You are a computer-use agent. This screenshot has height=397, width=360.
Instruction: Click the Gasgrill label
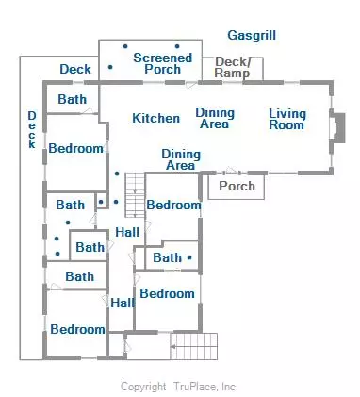coord(252,36)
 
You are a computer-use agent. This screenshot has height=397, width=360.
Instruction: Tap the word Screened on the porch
coord(162,58)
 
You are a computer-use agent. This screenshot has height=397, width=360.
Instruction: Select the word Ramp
coord(232,74)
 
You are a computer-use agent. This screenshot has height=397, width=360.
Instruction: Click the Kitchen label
coord(156,118)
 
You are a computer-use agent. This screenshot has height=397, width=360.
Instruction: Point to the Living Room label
coord(287,120)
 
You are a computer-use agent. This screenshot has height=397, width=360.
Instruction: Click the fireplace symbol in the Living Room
coord(337,128)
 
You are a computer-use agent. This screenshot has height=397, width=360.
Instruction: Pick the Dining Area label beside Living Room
coord(215,118)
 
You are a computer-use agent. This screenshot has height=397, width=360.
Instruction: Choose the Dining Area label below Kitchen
coord(181,159)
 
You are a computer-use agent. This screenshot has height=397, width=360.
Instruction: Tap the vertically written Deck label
coord(32,129)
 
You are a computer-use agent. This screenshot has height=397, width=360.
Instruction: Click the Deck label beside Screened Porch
coord(75,69)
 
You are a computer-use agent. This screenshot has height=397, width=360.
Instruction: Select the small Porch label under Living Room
coord(237,186)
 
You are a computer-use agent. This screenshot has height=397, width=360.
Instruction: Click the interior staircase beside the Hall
coord(135,195)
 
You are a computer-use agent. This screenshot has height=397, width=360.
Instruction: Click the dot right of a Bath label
coord(189,257)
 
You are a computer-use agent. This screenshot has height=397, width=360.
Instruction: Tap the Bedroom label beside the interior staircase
coord(173,205)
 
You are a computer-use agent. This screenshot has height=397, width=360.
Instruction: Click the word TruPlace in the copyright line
coord(195,387)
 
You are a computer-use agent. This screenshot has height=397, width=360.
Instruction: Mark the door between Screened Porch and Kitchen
coord(191,84)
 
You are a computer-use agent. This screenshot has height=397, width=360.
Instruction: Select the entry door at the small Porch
coord(232,172)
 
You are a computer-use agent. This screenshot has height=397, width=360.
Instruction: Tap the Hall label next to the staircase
coord(127,232)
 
